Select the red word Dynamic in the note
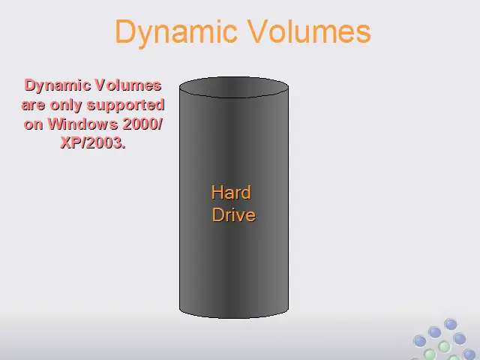pos(58,85)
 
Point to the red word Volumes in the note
pos(128,85)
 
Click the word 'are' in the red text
pos(33,105)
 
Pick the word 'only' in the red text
pos(66,106)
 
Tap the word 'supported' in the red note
pos(126,106)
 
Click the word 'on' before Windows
pos(33,124)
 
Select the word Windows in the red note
pos(83,124)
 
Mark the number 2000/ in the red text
pos(142,124)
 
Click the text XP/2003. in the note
pos(93,142)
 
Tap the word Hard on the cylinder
pos(231,193)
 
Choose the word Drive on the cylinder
pos(234,214)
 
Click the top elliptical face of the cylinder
pos(234,87)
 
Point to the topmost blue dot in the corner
pos(451,325)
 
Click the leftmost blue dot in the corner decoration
pos(420,341)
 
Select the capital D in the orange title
pos(125,31)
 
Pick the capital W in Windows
pos(56,124)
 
